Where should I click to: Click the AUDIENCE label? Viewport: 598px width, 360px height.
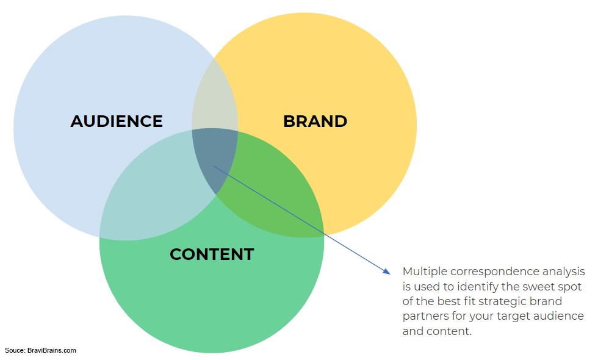(x=117, y=121)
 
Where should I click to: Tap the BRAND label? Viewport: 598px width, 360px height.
(x=315, y=121)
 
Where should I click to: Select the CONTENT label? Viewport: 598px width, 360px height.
(x=212, y=254)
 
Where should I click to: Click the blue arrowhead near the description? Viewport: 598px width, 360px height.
(x=387, y=271)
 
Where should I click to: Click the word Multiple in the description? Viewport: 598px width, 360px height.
(x=425, y=272)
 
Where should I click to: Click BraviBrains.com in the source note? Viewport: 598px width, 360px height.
(x=51, y=350)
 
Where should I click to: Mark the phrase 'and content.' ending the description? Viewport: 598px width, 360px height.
(x=437, y=331)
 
